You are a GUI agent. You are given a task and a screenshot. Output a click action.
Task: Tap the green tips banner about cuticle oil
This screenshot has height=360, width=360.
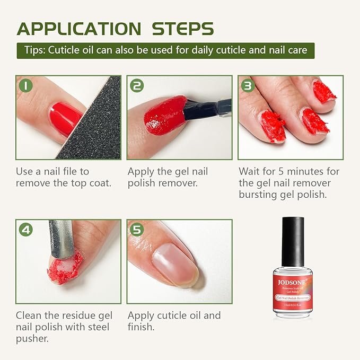click(x=165, y=51)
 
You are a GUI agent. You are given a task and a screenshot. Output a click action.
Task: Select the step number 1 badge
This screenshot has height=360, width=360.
click(x=26, y=85)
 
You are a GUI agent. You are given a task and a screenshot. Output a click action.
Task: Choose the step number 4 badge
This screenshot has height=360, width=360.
click(x=26, y=230)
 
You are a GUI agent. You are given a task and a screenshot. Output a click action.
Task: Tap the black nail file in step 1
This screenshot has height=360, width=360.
click(x=95, y=125)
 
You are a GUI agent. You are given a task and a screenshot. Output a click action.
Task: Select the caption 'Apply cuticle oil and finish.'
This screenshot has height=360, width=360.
click(x=174, y=321)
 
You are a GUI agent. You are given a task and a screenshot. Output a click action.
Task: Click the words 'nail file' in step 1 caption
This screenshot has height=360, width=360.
click(x=71, y=171)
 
